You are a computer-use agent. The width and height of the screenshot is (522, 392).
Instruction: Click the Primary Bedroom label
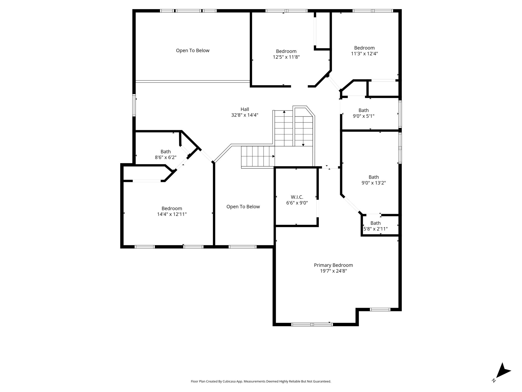point(333,265)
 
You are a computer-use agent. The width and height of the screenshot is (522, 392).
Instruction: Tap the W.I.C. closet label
point(297,197)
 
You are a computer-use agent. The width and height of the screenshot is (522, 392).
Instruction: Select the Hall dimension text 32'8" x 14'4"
point(245,115)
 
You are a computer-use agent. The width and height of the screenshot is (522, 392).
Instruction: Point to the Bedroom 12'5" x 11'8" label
point(286,54)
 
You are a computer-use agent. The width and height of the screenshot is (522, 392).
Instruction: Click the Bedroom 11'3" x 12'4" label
point(364,51)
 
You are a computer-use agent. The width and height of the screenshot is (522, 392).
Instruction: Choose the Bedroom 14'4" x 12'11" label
point(172,211)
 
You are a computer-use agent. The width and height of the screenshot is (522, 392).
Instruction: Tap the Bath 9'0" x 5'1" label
point(363,113)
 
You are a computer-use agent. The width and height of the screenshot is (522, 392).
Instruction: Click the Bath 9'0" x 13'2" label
point(374,180)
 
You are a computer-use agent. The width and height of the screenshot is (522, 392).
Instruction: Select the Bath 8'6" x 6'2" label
point(166,154)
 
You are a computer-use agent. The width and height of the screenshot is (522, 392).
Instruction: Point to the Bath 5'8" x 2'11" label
point(375,226)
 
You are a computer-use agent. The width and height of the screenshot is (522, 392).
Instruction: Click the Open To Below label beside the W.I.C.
point(243,207)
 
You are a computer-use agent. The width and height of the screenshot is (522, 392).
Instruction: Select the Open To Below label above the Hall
point(193,51)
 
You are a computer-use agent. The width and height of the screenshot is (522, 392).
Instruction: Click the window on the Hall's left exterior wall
point(134,105)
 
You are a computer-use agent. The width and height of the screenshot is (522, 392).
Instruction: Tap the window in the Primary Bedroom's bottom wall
point(312,324)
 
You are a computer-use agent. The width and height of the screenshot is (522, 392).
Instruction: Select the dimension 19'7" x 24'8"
point(333,271)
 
